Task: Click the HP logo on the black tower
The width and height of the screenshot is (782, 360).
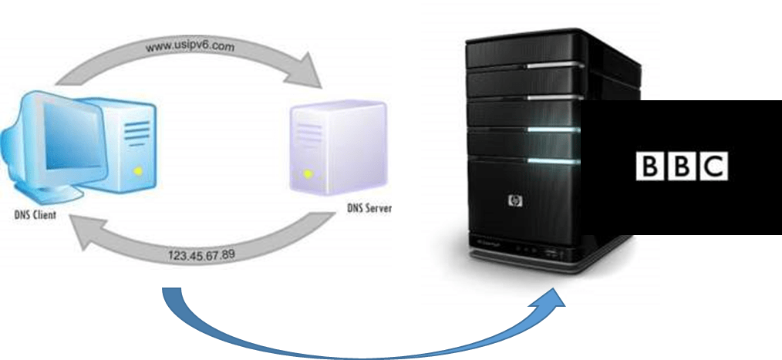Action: (514, 202)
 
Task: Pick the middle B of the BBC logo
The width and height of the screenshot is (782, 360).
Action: (680, 167)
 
